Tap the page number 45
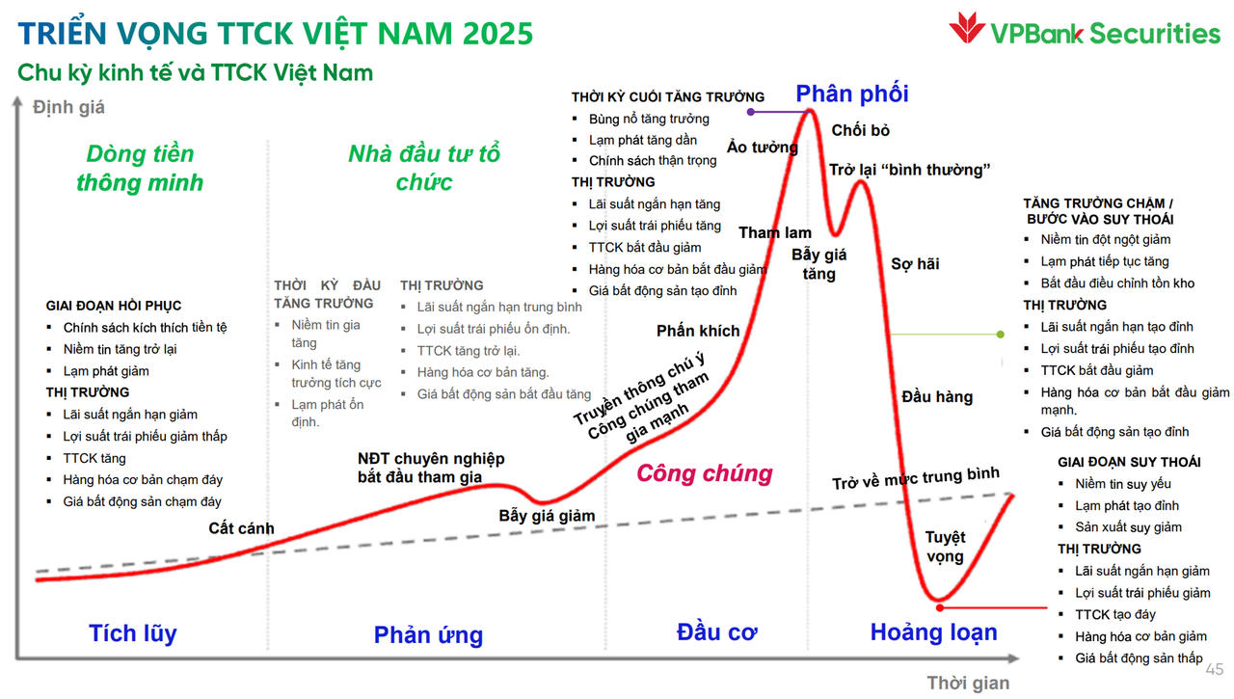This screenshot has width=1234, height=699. (1214, 668)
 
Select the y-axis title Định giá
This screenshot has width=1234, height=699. (68, 107)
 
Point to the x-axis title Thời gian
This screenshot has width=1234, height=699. (968, 683)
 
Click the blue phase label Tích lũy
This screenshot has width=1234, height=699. (133, 633)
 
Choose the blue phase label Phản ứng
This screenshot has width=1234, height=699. (428, 634)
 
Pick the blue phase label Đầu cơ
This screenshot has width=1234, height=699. (716, 632)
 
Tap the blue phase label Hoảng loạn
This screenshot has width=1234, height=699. (933, 632)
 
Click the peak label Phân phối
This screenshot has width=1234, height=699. (851, 94)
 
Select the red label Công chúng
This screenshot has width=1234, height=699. (705, 473)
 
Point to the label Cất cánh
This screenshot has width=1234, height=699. (241, 528)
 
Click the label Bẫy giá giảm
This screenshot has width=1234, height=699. (547, 515)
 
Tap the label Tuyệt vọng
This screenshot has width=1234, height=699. (945, 547)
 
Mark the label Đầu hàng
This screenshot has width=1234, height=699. (937, 396)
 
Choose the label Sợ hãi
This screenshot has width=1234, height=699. (915, 263)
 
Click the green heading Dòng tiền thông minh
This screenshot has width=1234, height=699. (140, 168)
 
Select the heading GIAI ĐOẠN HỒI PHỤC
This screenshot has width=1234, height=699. (114, 306)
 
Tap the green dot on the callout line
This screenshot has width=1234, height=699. (1001, 335)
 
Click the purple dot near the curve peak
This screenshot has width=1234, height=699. (751, 112)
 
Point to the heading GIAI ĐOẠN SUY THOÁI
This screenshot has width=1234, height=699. (1129, 462)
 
